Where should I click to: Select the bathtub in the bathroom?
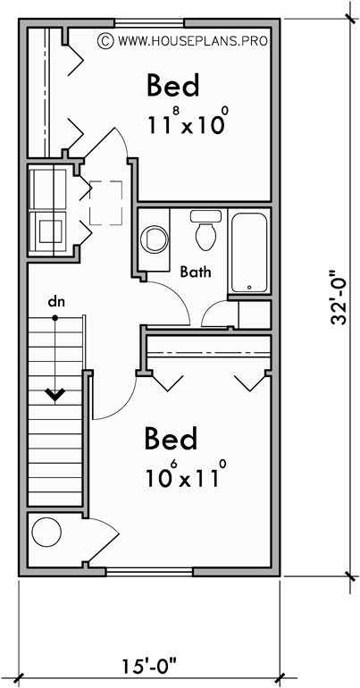pos(249,252)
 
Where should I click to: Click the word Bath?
pos(195,271)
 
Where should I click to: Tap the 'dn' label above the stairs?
pos(55,302)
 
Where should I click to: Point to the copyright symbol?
pos(105,40)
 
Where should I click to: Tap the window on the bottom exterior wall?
pos(150,570)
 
